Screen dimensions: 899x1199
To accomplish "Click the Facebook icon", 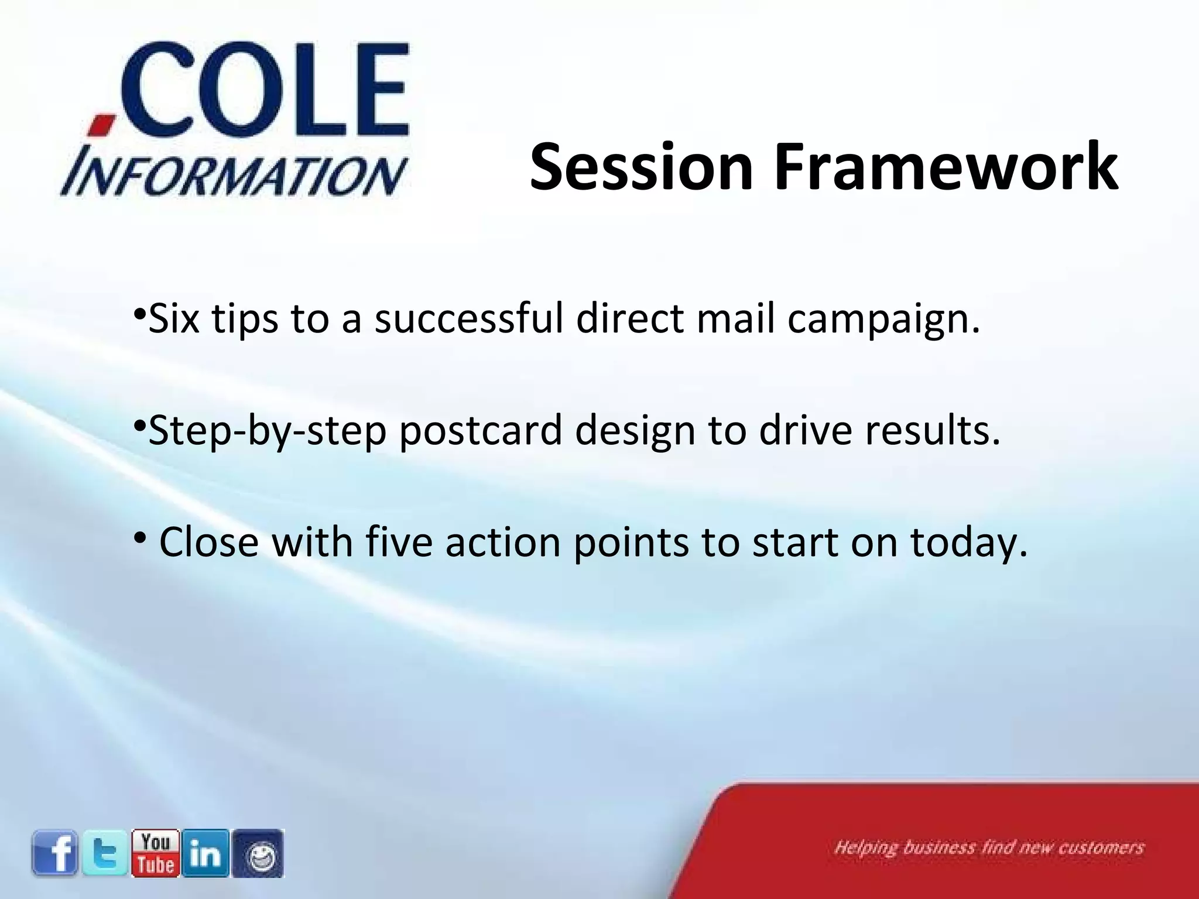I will (x=55, y=853).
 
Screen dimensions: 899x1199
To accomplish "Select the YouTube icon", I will (x=156, y=853).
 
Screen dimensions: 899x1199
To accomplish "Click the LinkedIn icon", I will (x=205, y=853).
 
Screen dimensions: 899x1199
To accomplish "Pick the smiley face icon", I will (x=258, y=854).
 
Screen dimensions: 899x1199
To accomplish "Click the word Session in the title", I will (x=641, y=167).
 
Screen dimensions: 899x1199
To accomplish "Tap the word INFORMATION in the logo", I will (x=234, y=175).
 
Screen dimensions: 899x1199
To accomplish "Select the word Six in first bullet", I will (x=174, y=319).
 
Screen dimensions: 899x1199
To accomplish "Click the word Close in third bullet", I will (x=209, y=542).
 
